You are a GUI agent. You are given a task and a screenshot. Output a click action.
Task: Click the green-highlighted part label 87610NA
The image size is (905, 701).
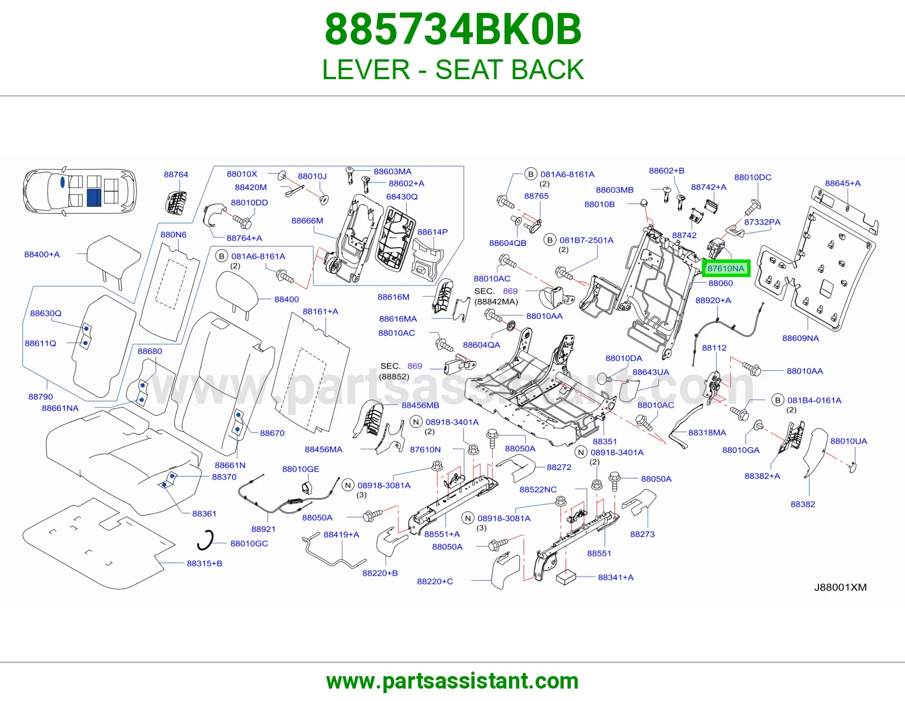click(726, 269)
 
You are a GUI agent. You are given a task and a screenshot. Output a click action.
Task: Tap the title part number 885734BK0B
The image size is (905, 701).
click(453, 29)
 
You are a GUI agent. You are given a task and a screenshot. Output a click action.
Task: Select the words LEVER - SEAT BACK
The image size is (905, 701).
click(453, 70)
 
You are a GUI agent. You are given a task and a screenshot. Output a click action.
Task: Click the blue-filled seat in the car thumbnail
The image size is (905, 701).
click(94, 197)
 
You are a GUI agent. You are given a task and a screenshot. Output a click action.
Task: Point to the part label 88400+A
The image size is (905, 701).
click(42, 254)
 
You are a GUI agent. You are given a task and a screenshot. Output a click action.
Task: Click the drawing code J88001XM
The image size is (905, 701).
click(841, 587)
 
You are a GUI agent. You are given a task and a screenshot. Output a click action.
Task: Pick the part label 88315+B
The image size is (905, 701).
click(205, 563)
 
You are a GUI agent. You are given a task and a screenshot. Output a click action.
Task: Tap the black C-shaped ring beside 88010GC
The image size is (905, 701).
click(206, 540)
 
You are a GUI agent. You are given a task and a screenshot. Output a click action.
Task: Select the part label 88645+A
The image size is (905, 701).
click(843, 183)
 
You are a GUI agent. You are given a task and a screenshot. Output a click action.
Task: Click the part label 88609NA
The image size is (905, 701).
click(800, 338)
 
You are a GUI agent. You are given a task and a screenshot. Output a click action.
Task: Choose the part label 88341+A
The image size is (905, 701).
click(615, 577)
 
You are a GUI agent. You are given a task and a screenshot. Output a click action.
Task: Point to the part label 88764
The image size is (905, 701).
click(176, 175)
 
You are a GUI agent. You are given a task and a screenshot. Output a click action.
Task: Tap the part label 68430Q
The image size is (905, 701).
click(402, 197)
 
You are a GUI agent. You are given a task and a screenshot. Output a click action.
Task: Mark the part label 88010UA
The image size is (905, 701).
click(848, 442)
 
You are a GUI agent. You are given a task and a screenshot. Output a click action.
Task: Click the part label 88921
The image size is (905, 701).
click(263, 529)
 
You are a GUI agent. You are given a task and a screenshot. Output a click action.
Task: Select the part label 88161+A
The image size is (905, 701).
click(320, 311)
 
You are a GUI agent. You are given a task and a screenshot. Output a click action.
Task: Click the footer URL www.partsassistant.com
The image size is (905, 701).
click(453, 681)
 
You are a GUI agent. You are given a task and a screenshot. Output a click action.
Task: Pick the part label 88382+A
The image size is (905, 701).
click(762, 476)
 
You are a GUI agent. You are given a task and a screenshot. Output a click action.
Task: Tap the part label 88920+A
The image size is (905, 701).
click(713, 300)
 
